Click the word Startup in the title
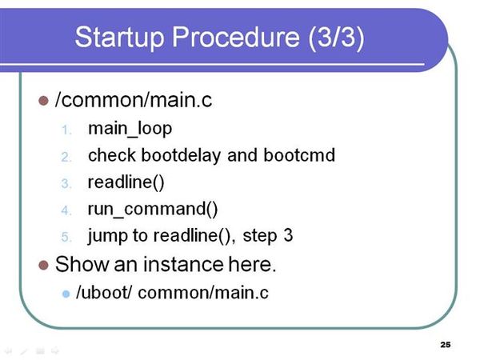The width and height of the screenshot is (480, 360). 118,38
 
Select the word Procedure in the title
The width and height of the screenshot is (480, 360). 236,37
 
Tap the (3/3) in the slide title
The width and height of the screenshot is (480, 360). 337,38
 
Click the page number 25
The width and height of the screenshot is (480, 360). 446,345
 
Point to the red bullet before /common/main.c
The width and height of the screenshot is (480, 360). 43,101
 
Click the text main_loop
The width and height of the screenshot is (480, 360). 130,129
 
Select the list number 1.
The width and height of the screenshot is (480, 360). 66,130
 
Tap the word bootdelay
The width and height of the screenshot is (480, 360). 181,155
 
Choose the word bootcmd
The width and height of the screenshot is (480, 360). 299,155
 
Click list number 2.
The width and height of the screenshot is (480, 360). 66,158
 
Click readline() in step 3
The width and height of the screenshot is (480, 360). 126,182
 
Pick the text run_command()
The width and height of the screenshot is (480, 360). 153,210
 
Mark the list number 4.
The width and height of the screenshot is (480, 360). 66,211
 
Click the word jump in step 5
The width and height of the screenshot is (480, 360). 108,236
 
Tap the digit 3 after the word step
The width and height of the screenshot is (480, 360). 288,235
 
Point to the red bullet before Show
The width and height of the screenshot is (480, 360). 43,265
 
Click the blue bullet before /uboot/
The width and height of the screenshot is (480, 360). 66,294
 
